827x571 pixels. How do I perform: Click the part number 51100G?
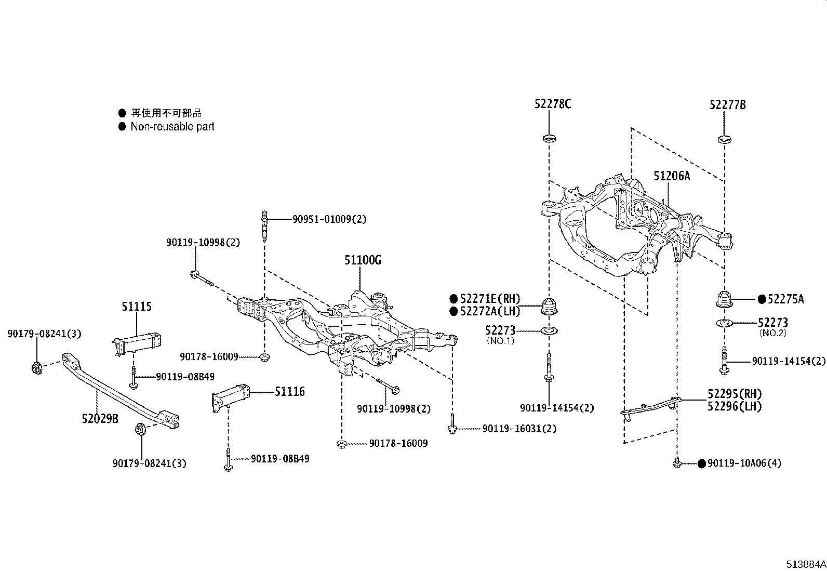click(363, 260)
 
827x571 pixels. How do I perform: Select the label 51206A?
click(672, 176)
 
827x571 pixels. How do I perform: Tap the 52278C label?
click(553, 104)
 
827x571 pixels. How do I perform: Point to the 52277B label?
click(727, 105)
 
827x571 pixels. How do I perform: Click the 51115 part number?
click(137, 307)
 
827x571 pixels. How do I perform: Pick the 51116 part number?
click(289, 392)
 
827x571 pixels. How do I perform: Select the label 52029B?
click(100, 418)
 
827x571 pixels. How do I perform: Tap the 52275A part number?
click(785, 299)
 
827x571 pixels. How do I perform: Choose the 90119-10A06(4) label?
click(744, 463)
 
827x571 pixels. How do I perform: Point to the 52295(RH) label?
click(735, 393)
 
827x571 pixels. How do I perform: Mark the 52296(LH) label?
click(735, 406)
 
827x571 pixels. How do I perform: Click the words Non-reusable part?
click(172, 126)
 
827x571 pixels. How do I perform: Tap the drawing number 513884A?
click(805, 563)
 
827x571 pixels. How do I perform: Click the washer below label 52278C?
click(549, 139)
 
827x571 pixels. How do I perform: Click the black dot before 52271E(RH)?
click(453, 299)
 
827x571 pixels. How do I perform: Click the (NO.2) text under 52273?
click(772, 333)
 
